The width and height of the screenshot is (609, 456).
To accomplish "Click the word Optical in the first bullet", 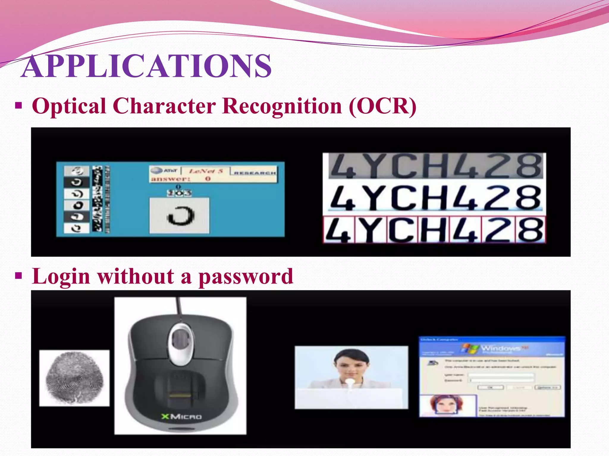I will click(x=69, y=106).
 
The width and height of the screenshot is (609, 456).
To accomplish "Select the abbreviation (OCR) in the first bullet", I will click(x=382, y=106).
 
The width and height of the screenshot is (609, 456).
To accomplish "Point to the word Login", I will click(x=61, y=277).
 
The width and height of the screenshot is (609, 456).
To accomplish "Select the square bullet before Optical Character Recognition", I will click(x=19, y=106).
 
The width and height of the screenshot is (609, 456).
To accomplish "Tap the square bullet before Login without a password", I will click(x=19, y=276).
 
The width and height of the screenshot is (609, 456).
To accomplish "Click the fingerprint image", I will click(x=74, y=378).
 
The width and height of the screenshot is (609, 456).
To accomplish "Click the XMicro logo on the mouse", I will click(x=182, y=417).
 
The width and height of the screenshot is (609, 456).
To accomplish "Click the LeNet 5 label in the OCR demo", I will click(x=206, y=171).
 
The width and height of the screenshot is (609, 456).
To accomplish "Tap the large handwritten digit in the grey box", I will click(x=180, y=216).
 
